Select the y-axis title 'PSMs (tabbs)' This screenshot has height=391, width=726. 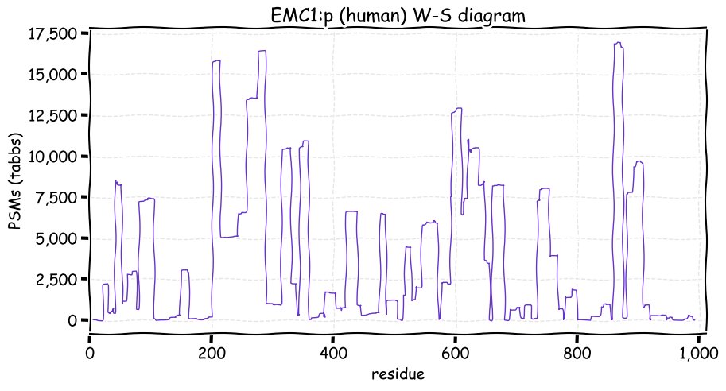coord(14,180)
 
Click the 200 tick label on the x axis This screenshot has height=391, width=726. coord(212,352)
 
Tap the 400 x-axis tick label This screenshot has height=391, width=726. coord(333,352)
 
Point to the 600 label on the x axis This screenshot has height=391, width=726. coord(455,352)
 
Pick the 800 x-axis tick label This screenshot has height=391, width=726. coord(577,352)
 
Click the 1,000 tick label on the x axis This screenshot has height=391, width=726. coord(697,352)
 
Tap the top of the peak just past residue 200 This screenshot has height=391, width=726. coord(216,60)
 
